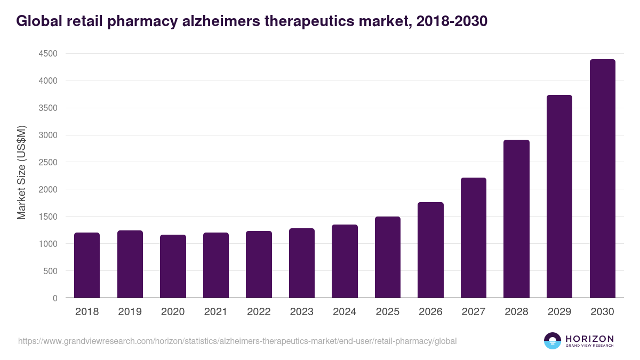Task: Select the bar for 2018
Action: tap(87, 265)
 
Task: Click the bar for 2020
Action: tap(173, 266)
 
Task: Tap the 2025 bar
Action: tap(387, 257)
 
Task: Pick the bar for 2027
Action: tap(474, 237)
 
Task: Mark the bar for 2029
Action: tap(559, 196)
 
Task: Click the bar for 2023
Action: tap(302, 263)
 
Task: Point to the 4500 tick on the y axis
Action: tap(47, 54)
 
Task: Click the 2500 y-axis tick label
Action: tap(47, 162)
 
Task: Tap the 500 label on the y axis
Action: tap(50, 271)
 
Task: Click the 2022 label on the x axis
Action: tap(259, 312)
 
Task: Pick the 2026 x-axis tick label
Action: tap(430, 312)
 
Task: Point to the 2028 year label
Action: tap(516, 312)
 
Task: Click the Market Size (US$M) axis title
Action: tap(22, 172)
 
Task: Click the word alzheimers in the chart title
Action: tap(216, 21)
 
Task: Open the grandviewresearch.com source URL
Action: tap(237, 341)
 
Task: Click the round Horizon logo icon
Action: tap(553, 341)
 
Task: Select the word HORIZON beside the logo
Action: tap(590, 338)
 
